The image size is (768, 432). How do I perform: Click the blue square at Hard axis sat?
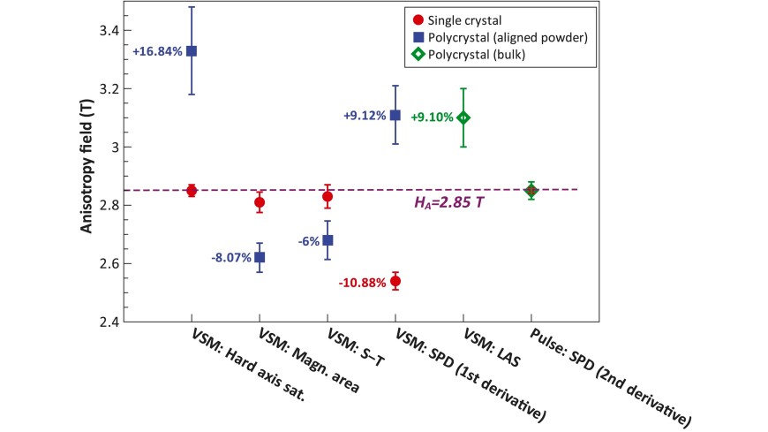point(192,51)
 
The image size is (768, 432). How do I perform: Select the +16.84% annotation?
point(157,51)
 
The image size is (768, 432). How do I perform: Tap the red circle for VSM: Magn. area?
point(260,203)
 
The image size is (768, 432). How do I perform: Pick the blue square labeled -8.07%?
point(260,257)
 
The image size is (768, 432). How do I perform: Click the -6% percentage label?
point(305,240)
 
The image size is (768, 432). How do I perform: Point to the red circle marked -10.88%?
point(395,282)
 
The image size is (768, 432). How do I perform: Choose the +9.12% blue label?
point(362,115)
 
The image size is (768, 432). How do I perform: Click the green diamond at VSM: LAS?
point(463,117)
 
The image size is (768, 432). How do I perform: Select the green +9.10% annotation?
point(433,117)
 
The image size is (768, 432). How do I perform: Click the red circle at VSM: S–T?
point(328,197)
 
